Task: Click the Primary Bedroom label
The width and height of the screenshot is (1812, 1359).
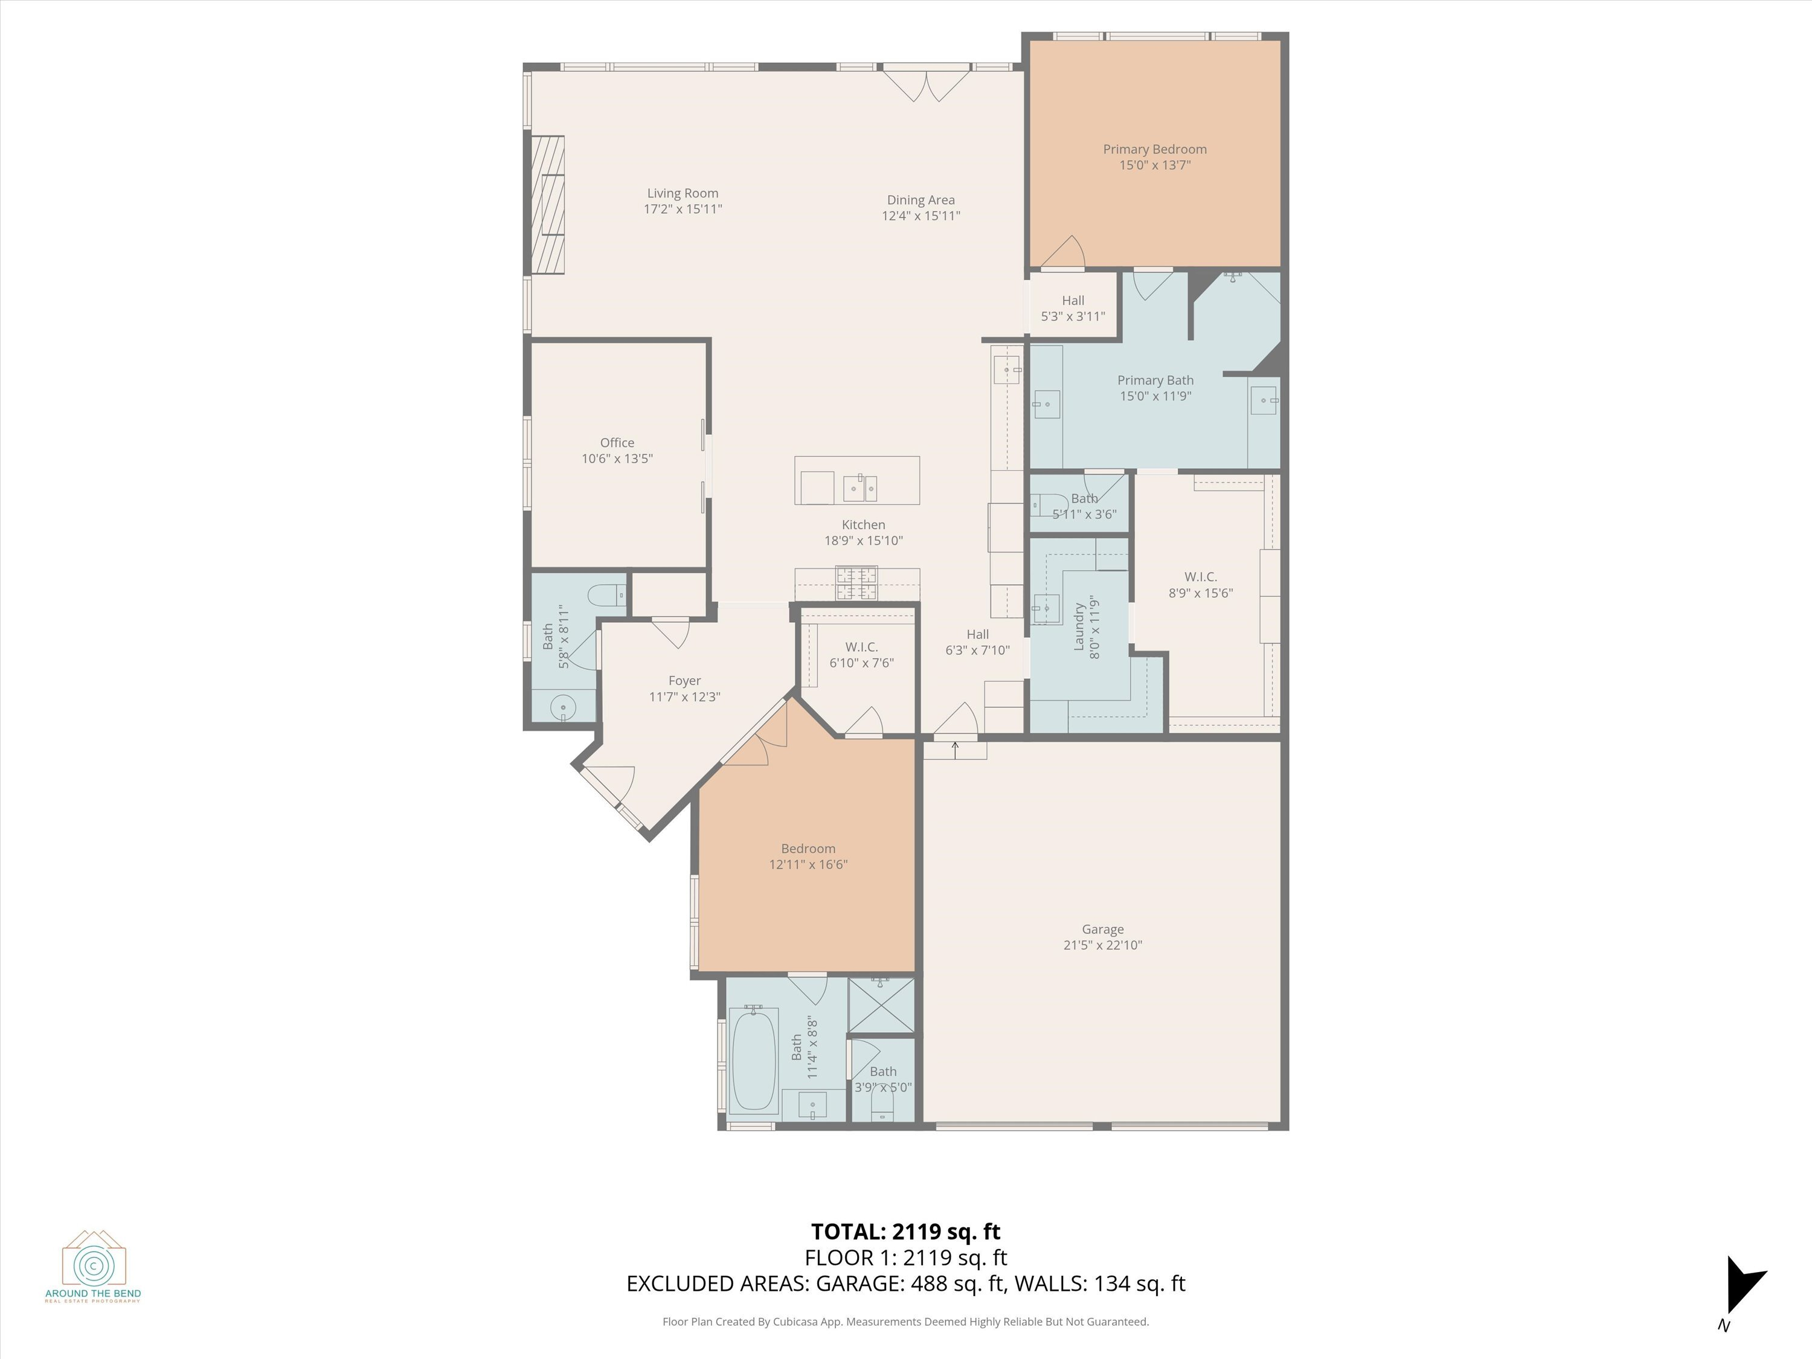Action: [1154, 149]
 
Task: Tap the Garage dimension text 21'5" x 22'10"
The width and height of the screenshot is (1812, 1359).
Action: [1102, 945]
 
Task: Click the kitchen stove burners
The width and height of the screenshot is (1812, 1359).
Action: [856, 583]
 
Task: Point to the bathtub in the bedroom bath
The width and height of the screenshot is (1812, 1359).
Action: [753, 1061]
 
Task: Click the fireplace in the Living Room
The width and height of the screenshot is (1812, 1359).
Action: [547, 205]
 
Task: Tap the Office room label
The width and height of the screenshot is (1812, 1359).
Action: [616, 442]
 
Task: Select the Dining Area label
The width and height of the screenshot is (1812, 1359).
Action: [920, 200]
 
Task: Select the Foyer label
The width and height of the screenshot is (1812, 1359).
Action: [684, 681]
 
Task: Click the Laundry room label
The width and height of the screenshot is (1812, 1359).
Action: [1079, 627]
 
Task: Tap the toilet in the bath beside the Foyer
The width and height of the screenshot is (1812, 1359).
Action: [606, 596]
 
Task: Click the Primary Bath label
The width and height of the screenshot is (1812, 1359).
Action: [1155, 380]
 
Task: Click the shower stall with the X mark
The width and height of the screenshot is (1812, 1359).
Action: [881, 1006]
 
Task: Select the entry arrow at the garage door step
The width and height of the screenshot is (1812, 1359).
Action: [955, 747]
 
